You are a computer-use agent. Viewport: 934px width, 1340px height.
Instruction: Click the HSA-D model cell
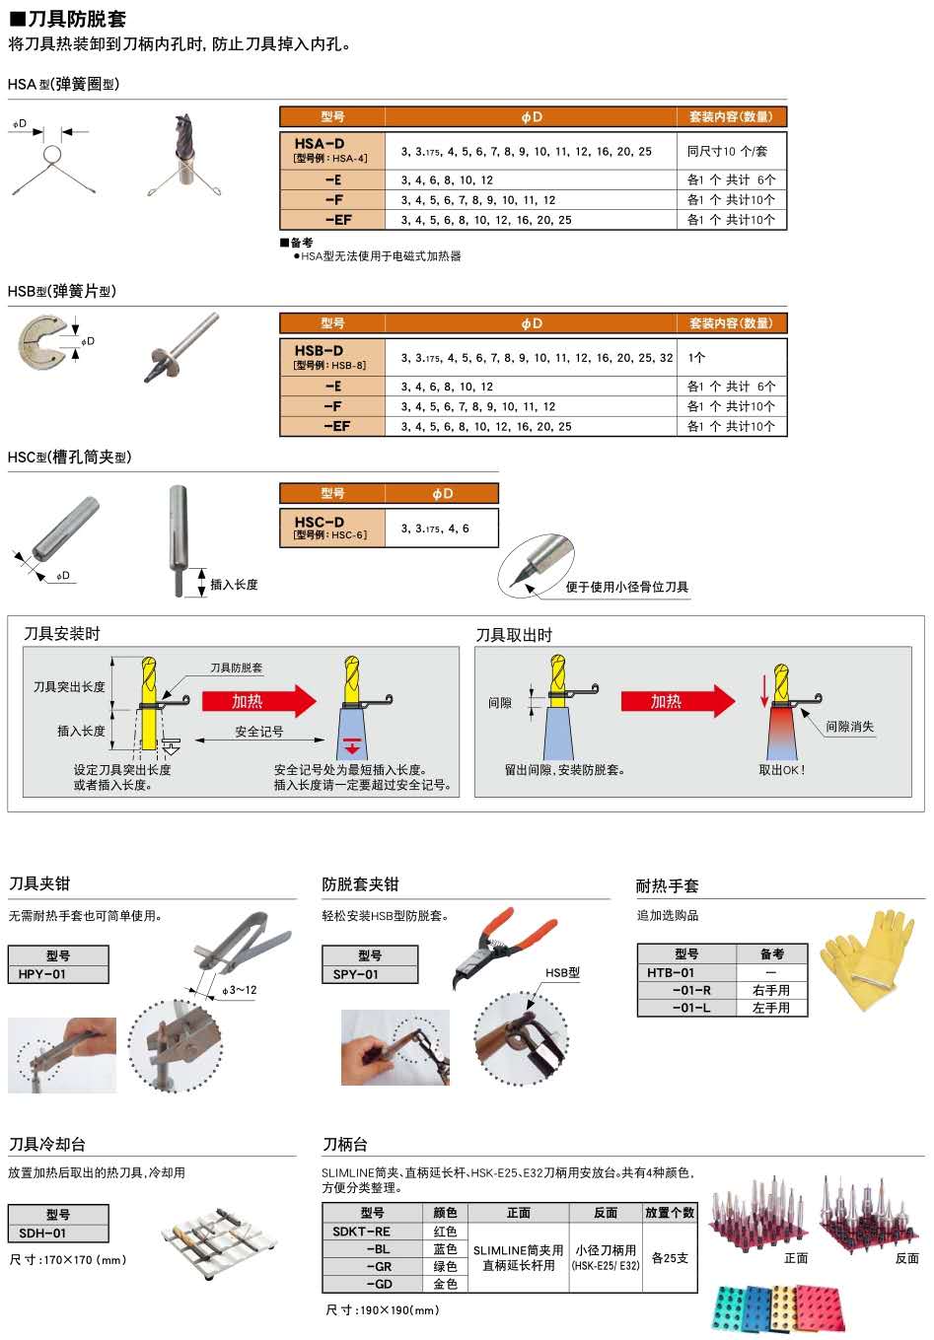pos(331,150)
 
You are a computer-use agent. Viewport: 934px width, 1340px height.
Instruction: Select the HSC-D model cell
pos(331,528)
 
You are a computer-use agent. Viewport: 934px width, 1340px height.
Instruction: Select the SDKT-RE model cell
pos(362,1232)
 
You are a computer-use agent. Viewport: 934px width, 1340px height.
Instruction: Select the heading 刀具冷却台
pos(47,1144)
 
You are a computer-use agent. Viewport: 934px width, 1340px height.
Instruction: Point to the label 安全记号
pos(259,732)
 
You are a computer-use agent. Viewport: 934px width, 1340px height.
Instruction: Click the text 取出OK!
pos(781,770)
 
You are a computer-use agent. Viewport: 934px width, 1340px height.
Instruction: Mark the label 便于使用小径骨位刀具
pos(626,588)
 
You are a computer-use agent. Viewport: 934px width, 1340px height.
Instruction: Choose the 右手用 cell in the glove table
pos(771,990)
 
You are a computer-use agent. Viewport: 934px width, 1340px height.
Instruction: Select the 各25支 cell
pos(671,1258)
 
